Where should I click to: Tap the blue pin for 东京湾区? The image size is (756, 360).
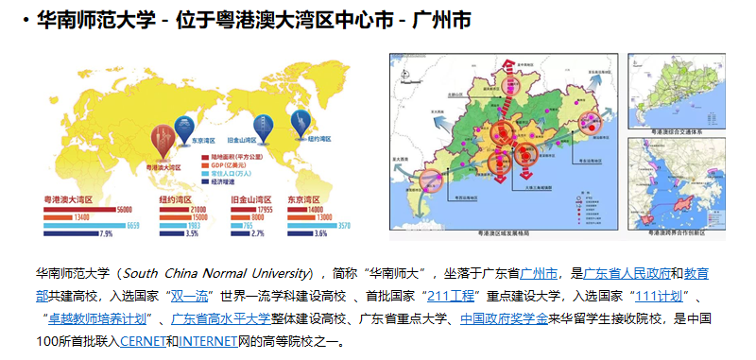pos(187,124)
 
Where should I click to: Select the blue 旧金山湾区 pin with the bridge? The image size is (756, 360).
pos(266,124)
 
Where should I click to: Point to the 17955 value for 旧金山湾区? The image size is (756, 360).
pos(264,209)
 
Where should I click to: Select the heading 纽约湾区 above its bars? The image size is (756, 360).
pos(176,199)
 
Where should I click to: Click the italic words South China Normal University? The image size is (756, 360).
pos(217,273)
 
